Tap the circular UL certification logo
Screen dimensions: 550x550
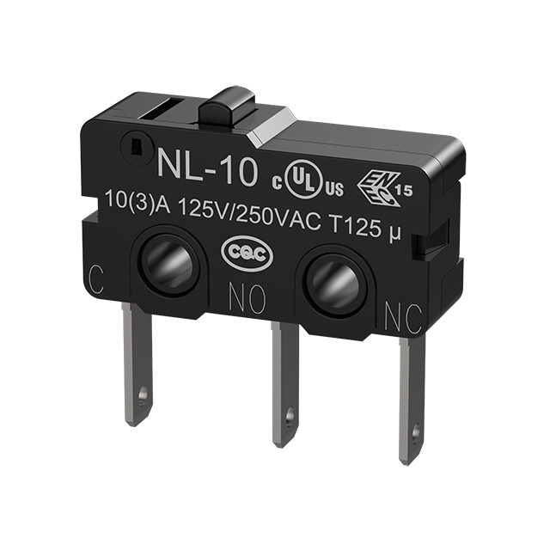click(x=303, y=180)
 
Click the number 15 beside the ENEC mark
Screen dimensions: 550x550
click(x=405, y=190)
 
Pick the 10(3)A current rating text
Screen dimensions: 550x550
click(x=137, y=203)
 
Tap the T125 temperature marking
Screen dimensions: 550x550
click(x=357, y=226)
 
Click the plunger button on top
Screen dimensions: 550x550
click(x=227, y=108)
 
